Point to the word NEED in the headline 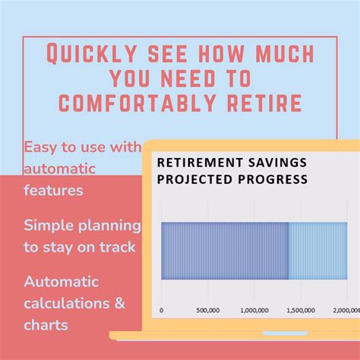211,79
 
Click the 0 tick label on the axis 162,310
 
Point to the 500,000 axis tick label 208,310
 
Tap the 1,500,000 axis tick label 305,310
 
